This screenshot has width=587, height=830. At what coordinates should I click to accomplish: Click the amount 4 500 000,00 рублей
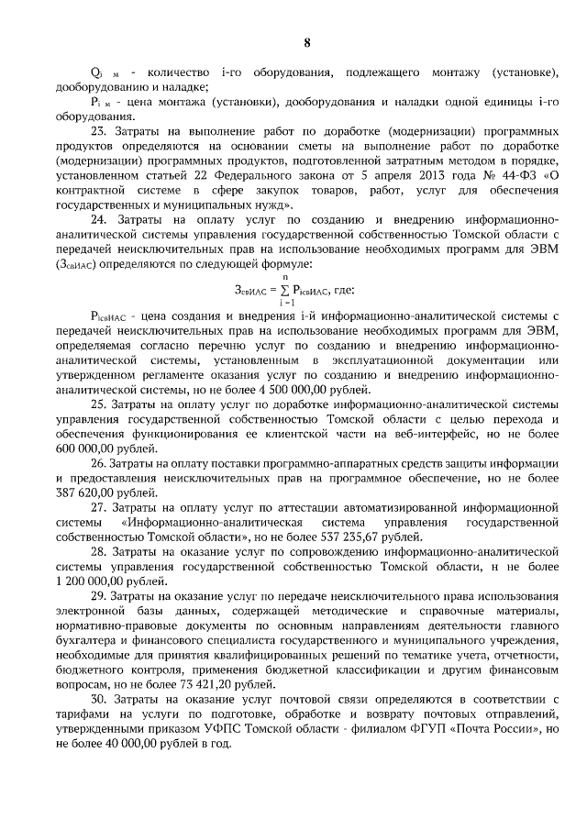[314, 389]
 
